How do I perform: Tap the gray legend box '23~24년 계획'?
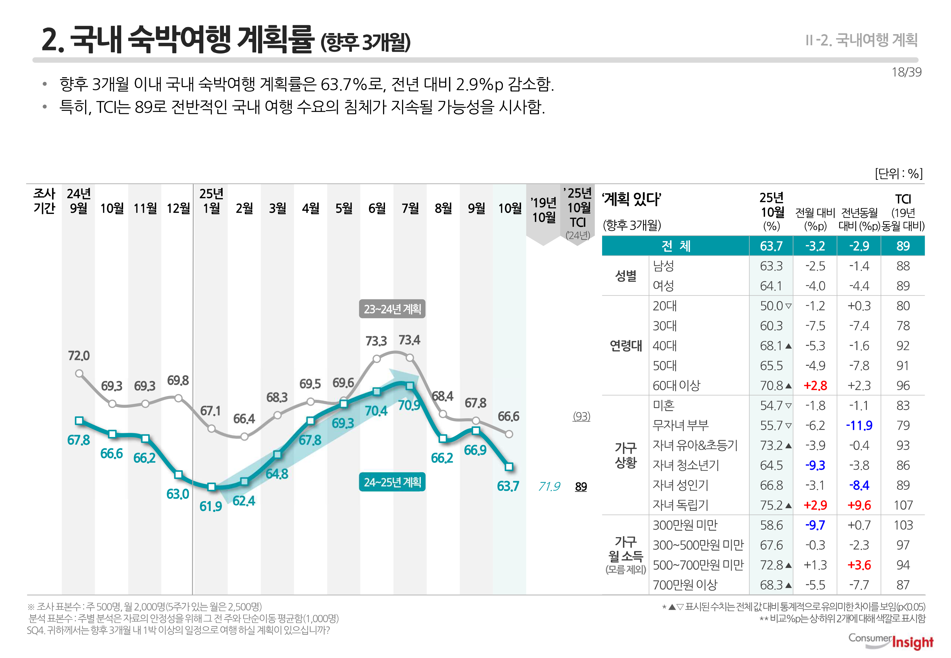pos(392,309)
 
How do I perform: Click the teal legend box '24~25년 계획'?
pos(392,482)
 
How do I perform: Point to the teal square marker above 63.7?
pos(509,467)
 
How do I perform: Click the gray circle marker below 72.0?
pos(79,374)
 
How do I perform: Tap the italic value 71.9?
pos(549,487)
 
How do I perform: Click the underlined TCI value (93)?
pos(581,416)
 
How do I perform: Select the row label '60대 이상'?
pos(676,385)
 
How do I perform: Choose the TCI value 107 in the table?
pos(903,505)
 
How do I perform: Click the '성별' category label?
pos(625,276)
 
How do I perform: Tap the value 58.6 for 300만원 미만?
pos(771,525)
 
